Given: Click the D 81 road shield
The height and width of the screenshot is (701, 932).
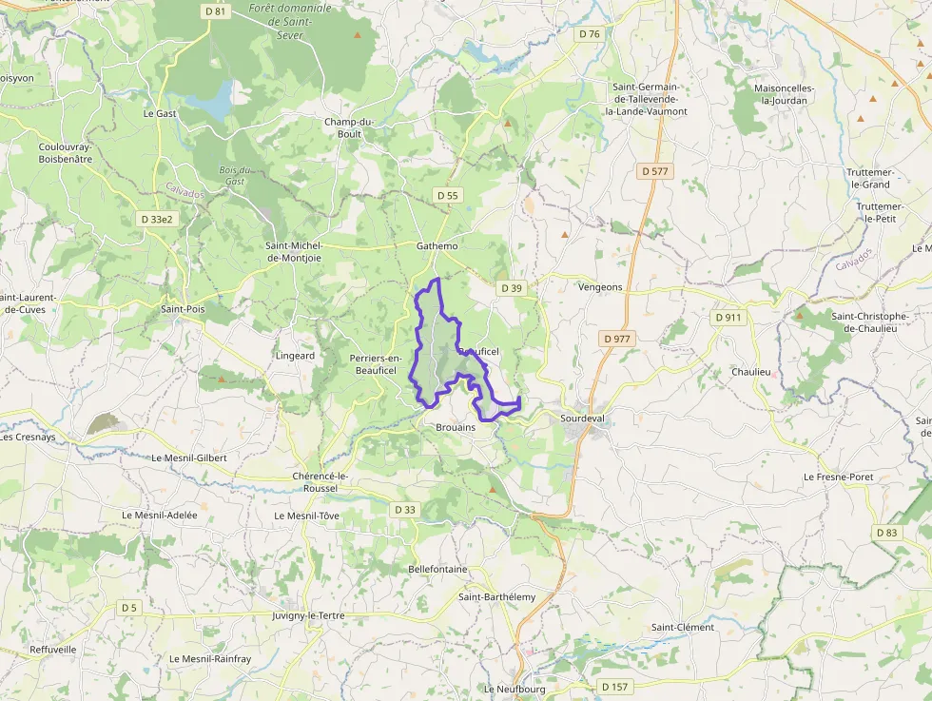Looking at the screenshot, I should click(x=216, y=11).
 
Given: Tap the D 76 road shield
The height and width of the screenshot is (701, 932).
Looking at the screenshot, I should click(x=590, y=34).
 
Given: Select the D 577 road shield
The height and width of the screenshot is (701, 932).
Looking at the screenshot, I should click(x=654, y=171).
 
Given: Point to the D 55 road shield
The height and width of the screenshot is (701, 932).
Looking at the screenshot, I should click(x=447, y=195).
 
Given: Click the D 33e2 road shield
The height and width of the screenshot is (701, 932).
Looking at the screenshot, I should click(x=157, y=219).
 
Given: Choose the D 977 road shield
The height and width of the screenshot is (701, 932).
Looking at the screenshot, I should click(x=616, y=338).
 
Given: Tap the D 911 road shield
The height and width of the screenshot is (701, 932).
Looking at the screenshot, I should click(x=728, y=317).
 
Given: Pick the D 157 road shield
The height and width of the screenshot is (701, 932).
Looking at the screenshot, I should click(x=614, y=687).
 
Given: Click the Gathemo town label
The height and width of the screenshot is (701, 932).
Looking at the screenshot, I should click(x=437, y=246).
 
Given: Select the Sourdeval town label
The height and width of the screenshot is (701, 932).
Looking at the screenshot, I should click(x=583, y=419).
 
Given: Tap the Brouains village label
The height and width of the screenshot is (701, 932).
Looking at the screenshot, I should click(x=455, y=428).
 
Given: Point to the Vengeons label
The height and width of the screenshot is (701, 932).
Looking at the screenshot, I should click(x=600, y=286).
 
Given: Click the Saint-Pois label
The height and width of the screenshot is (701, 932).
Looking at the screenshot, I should click(x=183, y=309).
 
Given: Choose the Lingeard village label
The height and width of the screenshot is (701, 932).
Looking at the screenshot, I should click(x=295, y=356).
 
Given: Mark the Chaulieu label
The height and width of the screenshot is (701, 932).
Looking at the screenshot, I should click(x=750, y=371).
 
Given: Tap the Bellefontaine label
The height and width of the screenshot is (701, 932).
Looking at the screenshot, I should click(x=437, y=569).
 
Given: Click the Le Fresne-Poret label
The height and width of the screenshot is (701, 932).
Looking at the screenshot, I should click(x=838, y=476).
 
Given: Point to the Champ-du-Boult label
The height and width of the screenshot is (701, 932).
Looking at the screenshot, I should click(x=350, y=127).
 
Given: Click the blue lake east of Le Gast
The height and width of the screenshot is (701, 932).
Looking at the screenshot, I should click(x=215, y=100).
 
